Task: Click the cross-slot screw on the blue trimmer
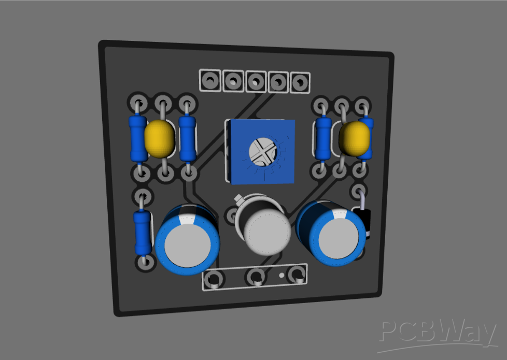[262, 151]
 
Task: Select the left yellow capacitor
[159, 138]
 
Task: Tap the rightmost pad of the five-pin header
[299, 82]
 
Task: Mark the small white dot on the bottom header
[281, 275]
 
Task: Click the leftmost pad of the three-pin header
[213, 280]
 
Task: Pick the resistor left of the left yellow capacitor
[138, 138]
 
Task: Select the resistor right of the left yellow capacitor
[187, 138]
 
